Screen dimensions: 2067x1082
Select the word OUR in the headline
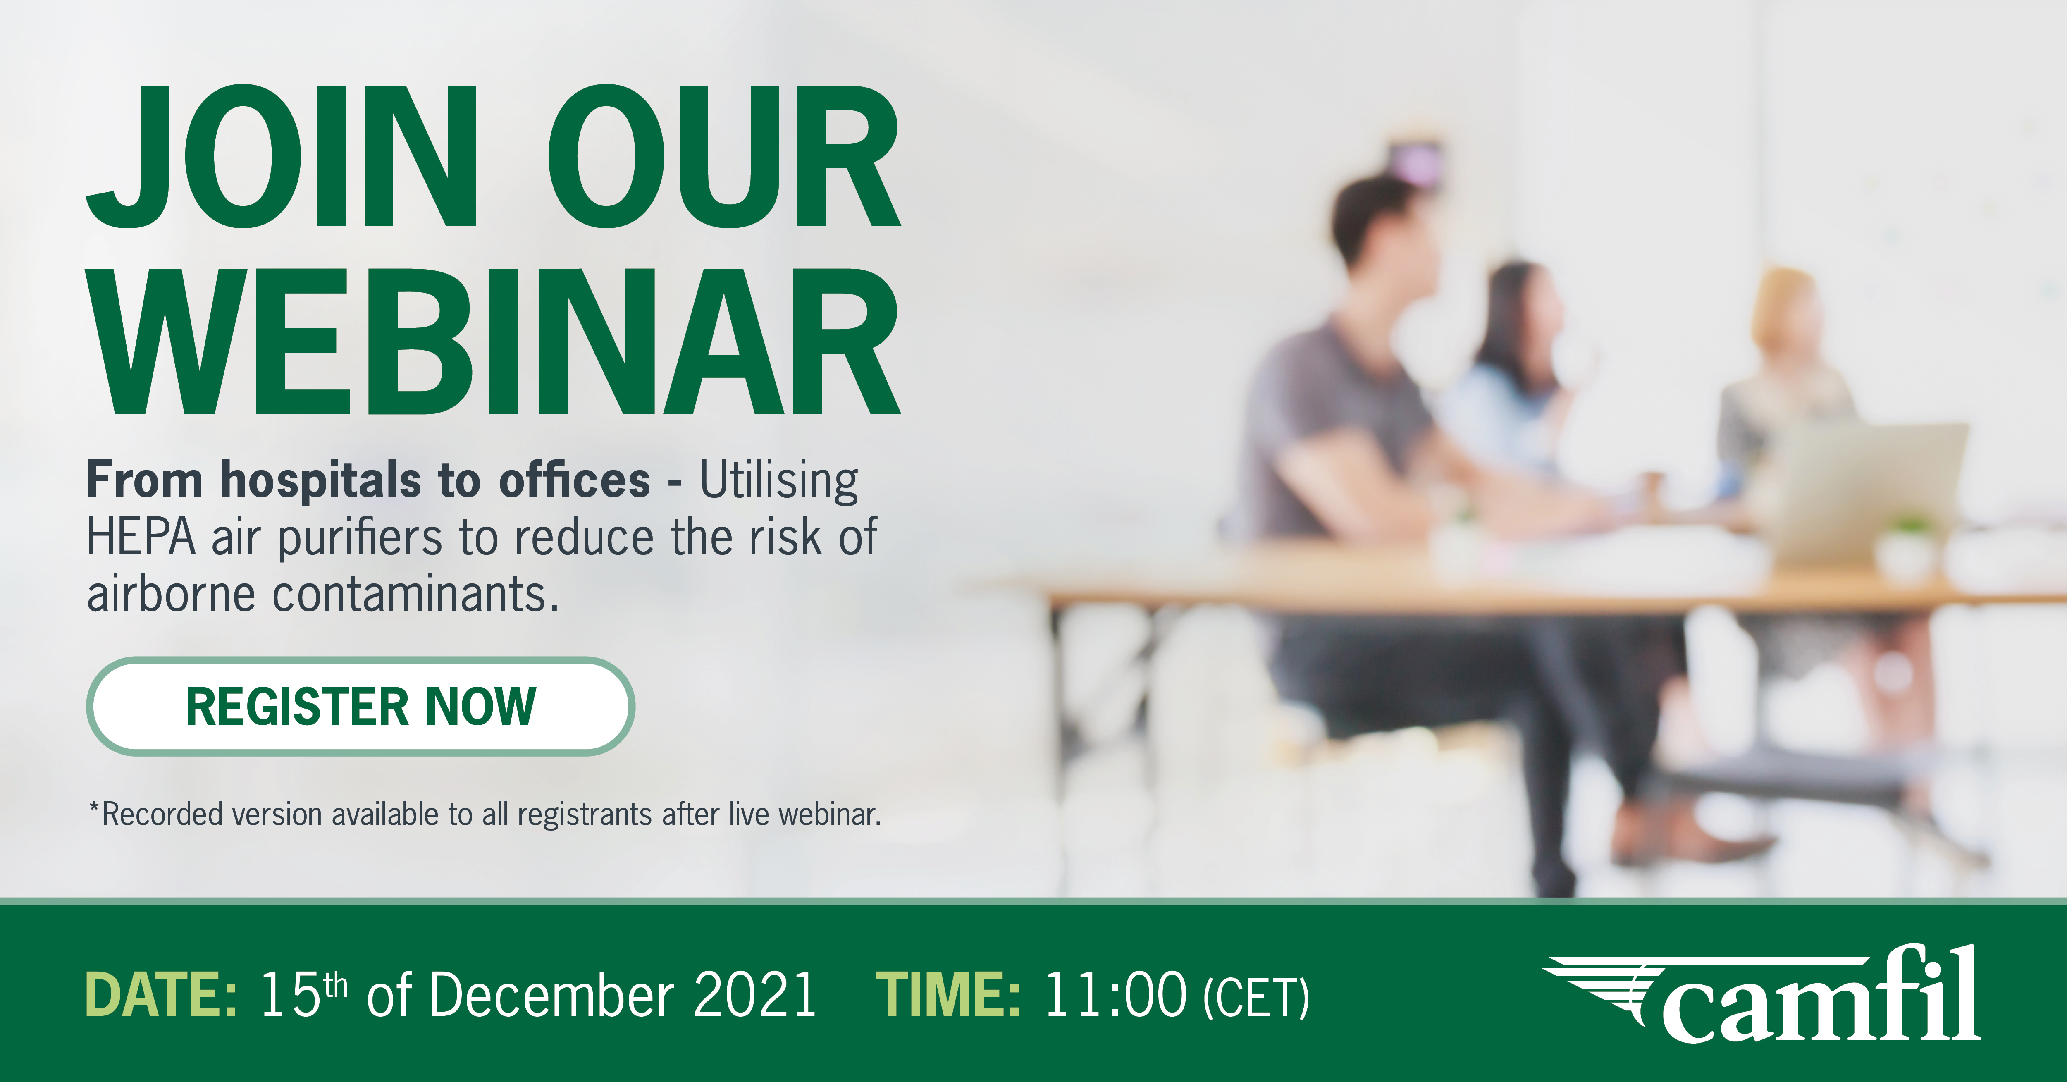coord(725,156)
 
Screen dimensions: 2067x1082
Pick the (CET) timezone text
coord(1257,998)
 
